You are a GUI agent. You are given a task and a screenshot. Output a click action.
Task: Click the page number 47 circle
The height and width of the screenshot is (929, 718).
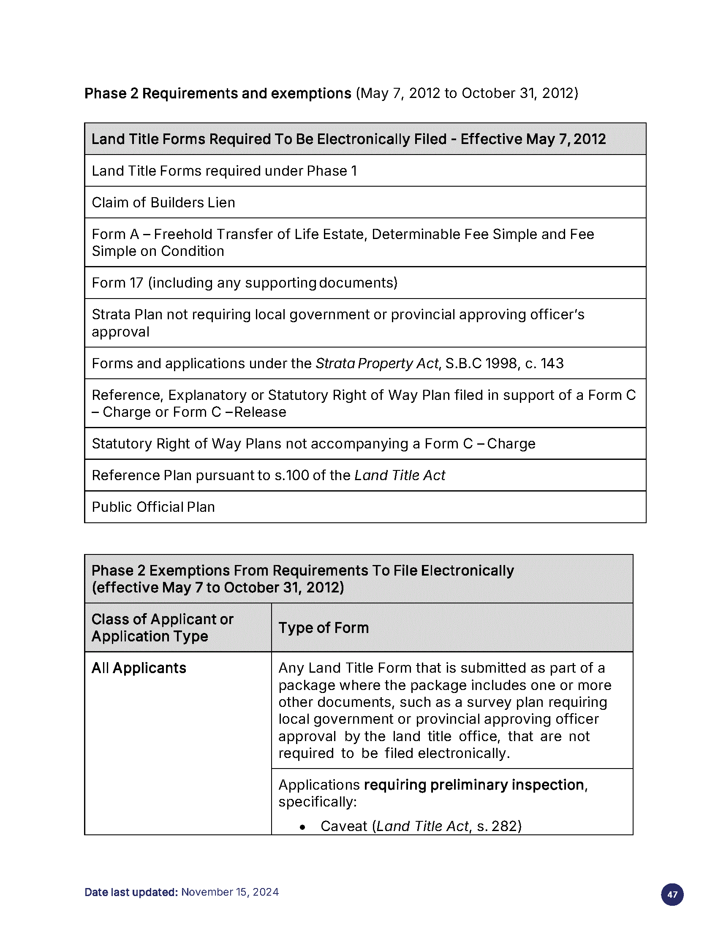click(672, 894)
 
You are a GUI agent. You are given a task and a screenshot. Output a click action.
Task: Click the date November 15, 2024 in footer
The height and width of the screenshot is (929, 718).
click(230, 892)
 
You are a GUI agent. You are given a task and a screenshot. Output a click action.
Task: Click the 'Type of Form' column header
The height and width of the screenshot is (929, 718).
click(324, 628)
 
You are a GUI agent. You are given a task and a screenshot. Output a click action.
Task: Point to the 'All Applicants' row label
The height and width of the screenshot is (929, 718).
click(139, 668)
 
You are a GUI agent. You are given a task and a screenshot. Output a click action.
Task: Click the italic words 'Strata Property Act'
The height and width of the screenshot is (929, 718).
click(376, 364)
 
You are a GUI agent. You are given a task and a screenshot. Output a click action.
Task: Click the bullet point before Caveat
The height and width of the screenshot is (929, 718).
click(302, 827)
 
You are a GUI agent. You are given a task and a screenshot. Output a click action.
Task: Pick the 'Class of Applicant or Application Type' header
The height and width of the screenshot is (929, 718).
click(163, 628)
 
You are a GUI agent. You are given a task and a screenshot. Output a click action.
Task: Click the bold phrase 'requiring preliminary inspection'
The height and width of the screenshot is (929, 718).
click(474, 785)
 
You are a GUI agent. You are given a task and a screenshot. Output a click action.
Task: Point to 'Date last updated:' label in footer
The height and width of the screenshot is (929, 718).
click(131, 892)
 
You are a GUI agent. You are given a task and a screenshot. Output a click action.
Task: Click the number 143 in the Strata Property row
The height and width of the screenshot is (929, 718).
click(552, 364)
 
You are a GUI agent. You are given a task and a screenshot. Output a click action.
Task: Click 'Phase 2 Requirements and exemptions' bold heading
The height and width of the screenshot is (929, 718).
click(218, 94)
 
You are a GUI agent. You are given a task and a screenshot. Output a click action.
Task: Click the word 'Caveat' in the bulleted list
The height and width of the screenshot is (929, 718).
click(344, 826)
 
